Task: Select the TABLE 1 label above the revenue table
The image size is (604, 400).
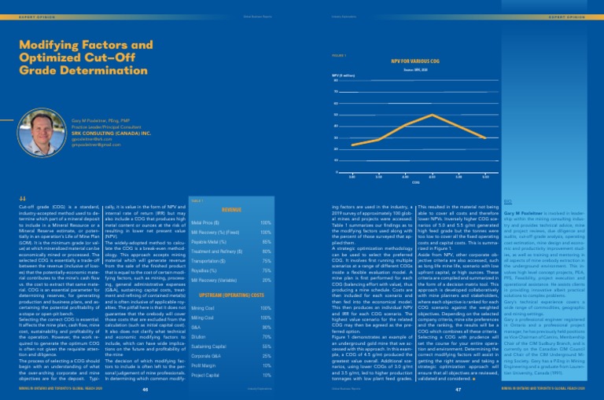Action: [x=197, y=180]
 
